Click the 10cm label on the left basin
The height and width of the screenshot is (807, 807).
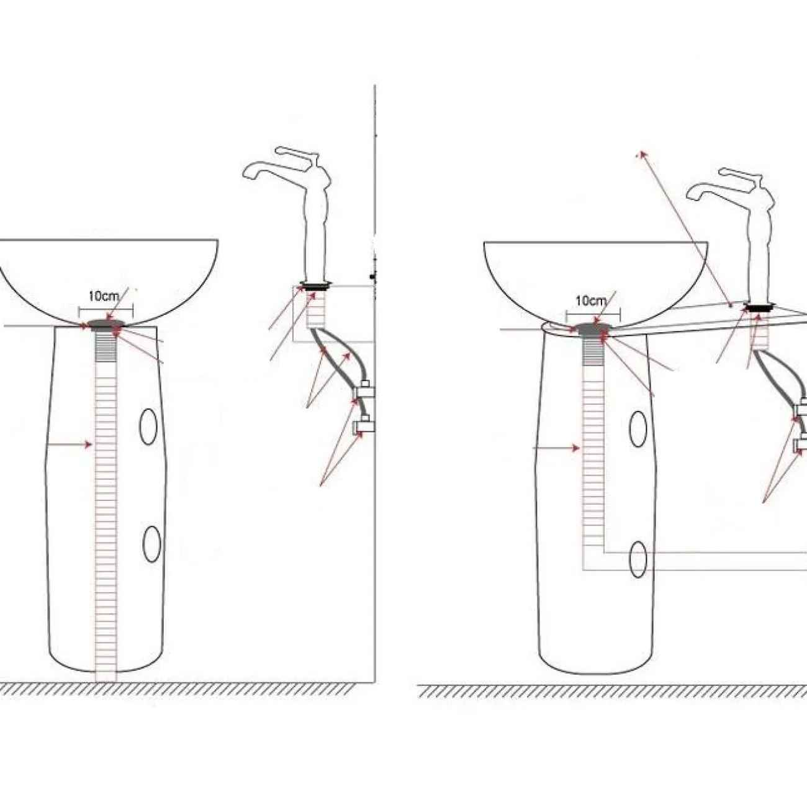(104, 296)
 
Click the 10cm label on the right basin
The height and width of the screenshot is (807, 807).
(591, 300)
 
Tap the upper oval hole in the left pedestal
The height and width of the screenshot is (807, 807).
(148, 426)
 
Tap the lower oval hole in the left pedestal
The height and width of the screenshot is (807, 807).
(151, 544)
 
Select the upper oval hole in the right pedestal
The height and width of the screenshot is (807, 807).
(638, 429)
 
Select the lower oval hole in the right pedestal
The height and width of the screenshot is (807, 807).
(638, 559)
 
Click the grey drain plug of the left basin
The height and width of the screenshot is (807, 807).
(107, 325)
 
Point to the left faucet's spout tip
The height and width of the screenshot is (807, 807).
(248, 176)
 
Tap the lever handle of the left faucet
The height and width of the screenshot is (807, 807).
(295, 154)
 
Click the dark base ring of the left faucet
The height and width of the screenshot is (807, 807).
(317, 286)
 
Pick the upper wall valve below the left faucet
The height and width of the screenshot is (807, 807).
(364, 390)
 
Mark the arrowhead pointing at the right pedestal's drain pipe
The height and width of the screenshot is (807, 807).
(576, 448)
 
